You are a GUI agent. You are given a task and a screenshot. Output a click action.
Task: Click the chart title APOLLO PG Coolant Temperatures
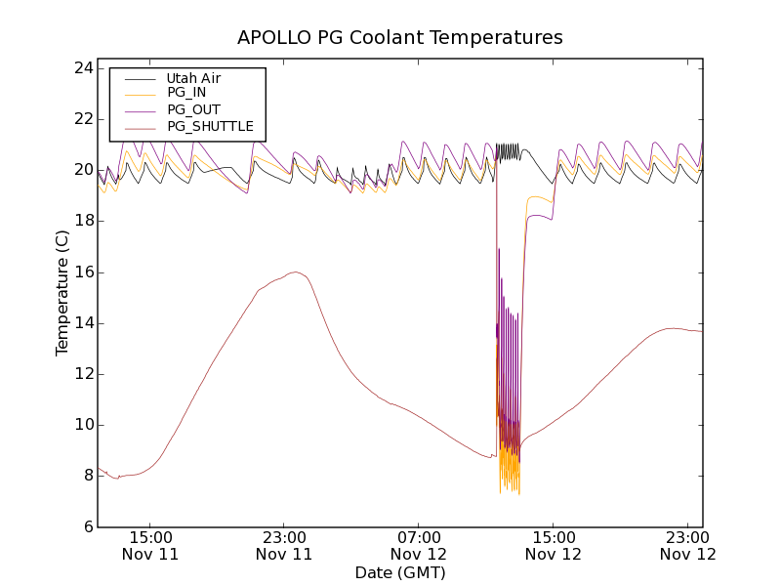[x=400, y=38]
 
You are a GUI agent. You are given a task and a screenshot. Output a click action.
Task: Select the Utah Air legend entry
[x=193, y=78]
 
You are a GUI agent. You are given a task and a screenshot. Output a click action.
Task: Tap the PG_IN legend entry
[x=186, y=93]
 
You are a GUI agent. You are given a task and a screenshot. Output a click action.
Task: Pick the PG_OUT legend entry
[x=192, y=109]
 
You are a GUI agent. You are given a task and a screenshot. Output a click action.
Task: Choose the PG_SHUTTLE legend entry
[x=210, y=126]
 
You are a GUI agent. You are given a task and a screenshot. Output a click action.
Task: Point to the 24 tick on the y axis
[x=82, y=68]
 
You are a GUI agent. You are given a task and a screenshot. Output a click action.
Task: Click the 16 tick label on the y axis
[x=82, y=272]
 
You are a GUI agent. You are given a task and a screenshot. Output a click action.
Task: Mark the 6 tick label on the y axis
[x=87, y=526]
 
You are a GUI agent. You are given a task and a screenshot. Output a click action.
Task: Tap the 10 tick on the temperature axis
[x=82, y=425]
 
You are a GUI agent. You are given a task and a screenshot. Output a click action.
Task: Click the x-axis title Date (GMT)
[x=400, y=572]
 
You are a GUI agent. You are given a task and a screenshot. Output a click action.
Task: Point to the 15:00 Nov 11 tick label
[x=150, y=545]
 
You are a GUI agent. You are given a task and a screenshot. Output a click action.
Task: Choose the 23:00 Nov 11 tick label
[x=284, y=545]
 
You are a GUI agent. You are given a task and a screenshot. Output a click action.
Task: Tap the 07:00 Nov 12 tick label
[x=419, y=545]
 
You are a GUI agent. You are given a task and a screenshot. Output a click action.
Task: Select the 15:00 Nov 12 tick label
[x=553, y=545]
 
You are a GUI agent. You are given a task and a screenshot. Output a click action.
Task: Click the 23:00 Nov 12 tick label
[x=687, y=545]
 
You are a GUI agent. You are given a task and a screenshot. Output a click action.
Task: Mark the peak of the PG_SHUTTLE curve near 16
[x=294, y=272]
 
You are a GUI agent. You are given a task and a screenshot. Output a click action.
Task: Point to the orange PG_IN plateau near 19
[x=540, y=198]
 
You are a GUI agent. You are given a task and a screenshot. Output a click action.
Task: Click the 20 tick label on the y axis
[x=82, y=170]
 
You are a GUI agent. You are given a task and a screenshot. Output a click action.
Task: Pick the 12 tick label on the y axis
[x=82, y=374]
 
